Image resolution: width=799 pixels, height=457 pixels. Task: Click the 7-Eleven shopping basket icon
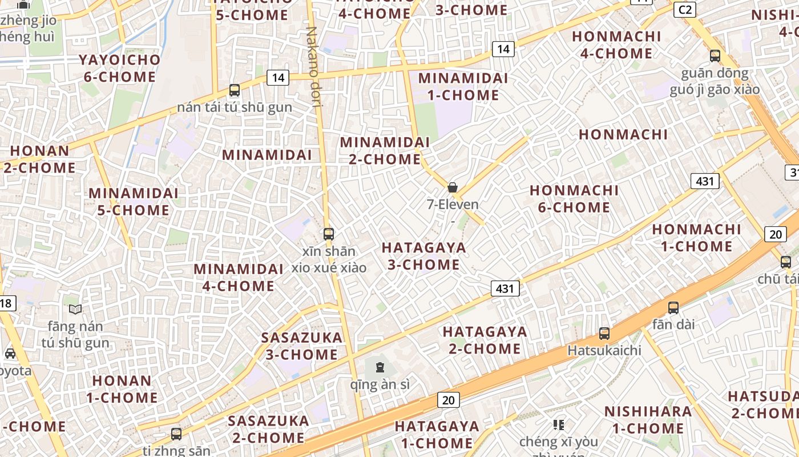[x=453, y=187]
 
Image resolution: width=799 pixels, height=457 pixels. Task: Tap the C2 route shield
[x=685, y=10]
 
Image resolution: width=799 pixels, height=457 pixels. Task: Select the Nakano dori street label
[x=313, y=66]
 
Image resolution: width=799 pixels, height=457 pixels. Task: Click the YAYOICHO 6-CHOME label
[x=119, y=68]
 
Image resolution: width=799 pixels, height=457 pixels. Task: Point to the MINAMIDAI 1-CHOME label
[x=463, y=86]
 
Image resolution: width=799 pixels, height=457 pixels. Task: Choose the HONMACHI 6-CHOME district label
[x=574, y=198]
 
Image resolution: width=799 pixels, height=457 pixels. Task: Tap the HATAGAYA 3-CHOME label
[x=424, y=256]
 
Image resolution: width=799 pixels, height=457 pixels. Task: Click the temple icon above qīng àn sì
[x=380, y=367]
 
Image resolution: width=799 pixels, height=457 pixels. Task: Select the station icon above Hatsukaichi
[x=604, y=334]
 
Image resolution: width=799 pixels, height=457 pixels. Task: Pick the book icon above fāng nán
[x=75, y=310]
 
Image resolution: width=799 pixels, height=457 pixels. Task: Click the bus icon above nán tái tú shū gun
[x=235, y=90]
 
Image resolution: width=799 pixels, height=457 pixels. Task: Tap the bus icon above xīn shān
[x=328, y=234]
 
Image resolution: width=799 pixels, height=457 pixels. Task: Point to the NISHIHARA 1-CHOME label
[x=648, y=420]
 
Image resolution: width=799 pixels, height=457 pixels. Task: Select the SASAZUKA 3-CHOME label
[x=302, y=346]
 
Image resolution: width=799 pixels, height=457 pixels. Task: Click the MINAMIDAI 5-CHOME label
[x=134, y=202]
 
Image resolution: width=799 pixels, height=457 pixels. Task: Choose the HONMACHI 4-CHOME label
[x=616, y=45]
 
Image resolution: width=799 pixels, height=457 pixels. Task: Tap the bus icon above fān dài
[x=673, y=307]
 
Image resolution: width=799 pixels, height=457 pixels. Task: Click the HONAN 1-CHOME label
[x=122, y=389]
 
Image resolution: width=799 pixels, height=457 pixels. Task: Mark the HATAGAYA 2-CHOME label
[x=485, y=340]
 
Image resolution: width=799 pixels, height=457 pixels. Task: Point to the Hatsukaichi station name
[x=604, y=350]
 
